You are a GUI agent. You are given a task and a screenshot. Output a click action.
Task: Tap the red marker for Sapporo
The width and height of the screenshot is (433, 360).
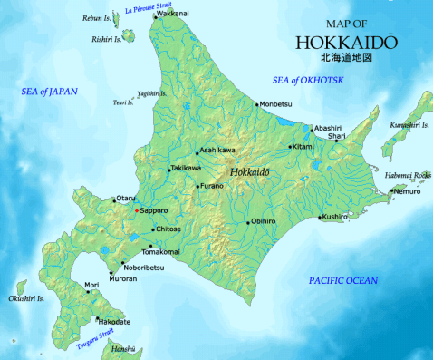click(x=136, y=210)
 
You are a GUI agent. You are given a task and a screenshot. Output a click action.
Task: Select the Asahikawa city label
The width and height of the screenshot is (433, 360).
click(x=218, y=151)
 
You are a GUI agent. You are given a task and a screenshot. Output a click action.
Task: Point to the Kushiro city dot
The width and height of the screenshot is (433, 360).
click(x=320, y=217)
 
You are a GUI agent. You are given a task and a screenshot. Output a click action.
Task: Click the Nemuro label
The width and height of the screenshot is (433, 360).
click(x=407, y=192)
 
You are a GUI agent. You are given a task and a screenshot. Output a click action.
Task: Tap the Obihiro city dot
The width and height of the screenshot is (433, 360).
click(x=247, y=221)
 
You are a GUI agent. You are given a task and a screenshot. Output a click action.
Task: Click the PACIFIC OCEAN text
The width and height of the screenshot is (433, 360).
click(x=342, y=282)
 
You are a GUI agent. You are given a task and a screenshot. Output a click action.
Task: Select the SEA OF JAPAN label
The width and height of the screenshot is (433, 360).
click(x=51, y=92)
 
